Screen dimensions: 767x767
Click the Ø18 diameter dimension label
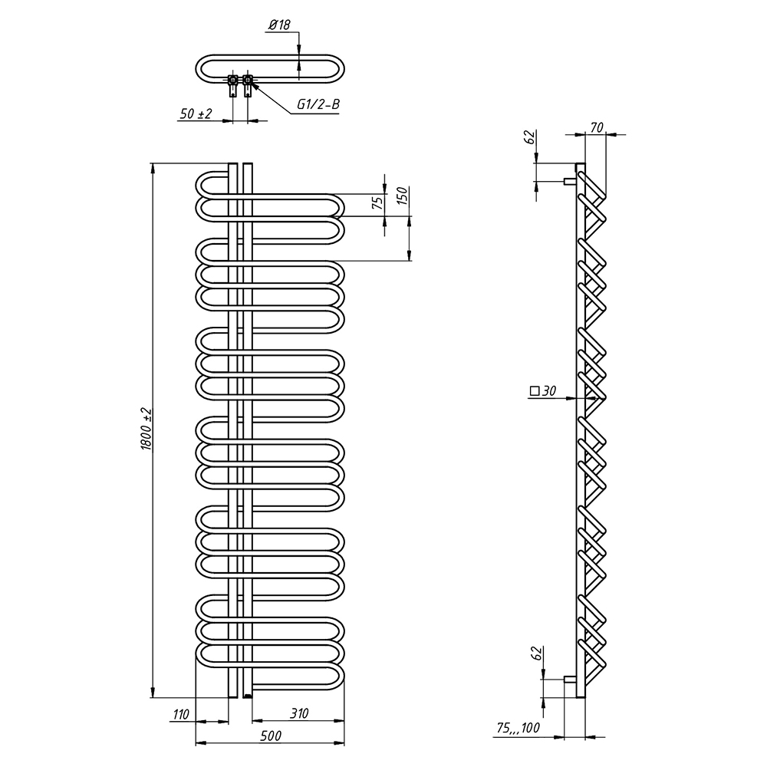pos(279,26)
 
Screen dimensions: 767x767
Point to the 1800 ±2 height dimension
pos(147,430)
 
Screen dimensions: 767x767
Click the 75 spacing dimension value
pos(377,203)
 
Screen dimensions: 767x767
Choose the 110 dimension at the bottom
pos(180,714)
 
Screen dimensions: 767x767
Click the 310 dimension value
pos(298,714)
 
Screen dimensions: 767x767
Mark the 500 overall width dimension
pos(269,736)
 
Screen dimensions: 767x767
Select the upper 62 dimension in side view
pos(528,139)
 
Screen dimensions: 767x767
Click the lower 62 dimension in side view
pos(537,655)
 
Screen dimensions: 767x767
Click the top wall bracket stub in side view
pos(569,181)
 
